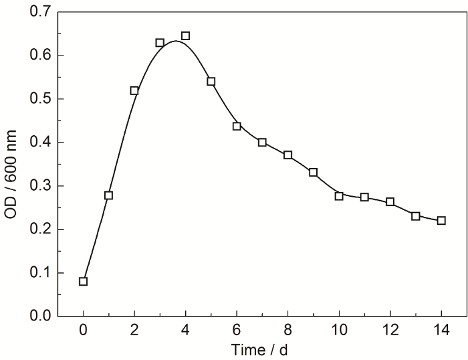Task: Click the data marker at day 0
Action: pyautogui.click(x=83, y=281)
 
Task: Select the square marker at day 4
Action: pyautogui.click(x=185, y=36)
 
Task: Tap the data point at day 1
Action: pyautogui.click(x=109, y=195)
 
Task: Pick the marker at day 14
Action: pyautogui.click(x=441, y=221)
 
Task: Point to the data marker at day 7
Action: pyautogui.click(x=262, y=143)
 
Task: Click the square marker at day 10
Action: pyautogui.click(x=339, y=196)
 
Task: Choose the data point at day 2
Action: pyautogui.click(x=134, y=90)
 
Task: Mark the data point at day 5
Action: pyautogui.click(x=211, y=82)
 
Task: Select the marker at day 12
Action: pyautogui.click(x=390, y=202)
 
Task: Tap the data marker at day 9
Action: pyautogui.click(x=314, y=173)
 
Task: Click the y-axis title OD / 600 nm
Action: pyautogui.click(x=13, y=163)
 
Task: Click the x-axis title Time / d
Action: pyautogui.click(x=262, y=350)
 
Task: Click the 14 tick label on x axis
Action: pyautogui.click(x=441, y=331)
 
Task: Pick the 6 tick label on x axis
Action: pyautogui.click(x=237, y=331)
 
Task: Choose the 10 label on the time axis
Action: pyautogui.click(x=339, y=331)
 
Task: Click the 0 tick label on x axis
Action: pyautogui.click(x=83, y=331)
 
